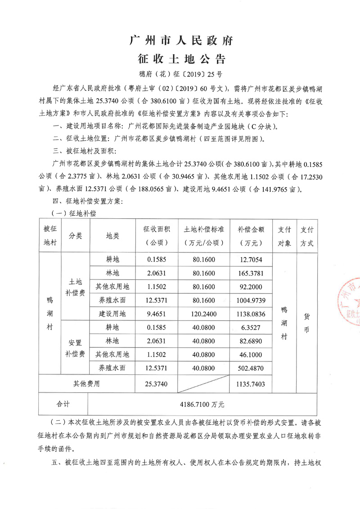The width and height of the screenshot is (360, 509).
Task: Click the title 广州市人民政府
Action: (x=180, y=41)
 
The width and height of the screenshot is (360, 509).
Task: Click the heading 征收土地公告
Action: (x=180, y=59)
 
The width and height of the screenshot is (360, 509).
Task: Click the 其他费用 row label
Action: (x=86, y=384)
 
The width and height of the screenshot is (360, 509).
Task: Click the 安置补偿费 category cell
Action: (x=76, y=348)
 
